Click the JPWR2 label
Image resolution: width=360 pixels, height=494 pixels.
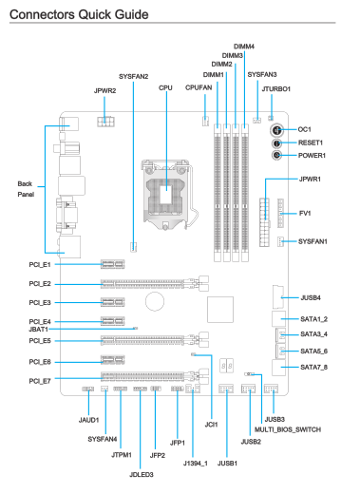click(x=104, y=91)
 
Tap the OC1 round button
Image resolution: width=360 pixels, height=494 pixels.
click(x=277, y=129)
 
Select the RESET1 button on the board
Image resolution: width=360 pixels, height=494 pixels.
click(x=276, y=143)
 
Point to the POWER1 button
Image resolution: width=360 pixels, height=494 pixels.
click(x=276, y=155)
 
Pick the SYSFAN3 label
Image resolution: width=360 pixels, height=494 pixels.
click(x=262, y=74)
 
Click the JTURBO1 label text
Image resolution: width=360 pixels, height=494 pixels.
click(x=275, y=89)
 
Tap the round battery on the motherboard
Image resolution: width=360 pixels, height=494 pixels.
click(x=155, y=301)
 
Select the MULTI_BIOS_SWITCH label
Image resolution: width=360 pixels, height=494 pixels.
click(x=288, y=429)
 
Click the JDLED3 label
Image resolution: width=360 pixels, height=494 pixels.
click(x=142, y=474)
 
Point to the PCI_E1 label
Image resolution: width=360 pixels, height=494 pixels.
click(x=40, y=264)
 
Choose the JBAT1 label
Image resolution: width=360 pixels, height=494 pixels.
click(x=38, y=330)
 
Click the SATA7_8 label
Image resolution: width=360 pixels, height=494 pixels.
click(x=313, y=367)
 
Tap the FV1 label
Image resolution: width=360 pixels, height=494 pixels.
click(x=305, y=213)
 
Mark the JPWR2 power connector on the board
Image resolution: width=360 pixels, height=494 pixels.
click(x=105, y=122)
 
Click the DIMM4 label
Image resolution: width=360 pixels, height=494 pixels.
click(x=244, y=47)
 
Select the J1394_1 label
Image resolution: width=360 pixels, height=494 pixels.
click(x=196, y=464)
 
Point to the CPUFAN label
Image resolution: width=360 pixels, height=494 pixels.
click(x=199, y=87)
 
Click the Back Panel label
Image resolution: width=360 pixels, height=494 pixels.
click(x=26, y=189)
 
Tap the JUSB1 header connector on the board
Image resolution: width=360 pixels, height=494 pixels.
click(x=226, y=389)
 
